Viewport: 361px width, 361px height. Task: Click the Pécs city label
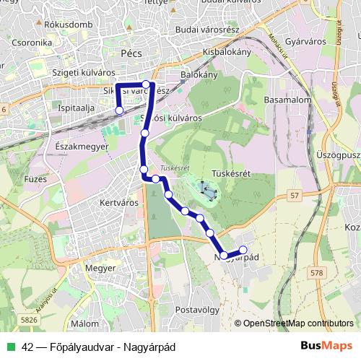coord(131,53)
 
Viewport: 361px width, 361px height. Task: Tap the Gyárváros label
coord(292,42)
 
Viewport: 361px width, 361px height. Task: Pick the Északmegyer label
coord(81,145)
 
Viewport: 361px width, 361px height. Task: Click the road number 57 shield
coord(294,196)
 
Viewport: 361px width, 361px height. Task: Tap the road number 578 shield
coord(316,272)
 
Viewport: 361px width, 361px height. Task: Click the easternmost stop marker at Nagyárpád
coord(243,250)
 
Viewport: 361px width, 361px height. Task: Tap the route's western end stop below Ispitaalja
coord(119,110)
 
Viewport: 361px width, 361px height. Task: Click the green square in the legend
coord(11,347)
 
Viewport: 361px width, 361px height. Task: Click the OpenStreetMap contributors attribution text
coord(298,324)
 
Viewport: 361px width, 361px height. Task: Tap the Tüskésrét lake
coord(206,191)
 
